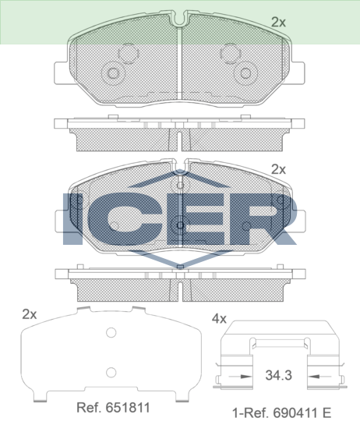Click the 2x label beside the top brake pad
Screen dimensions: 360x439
click(x=278, y=22)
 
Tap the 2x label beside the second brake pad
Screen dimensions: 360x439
click(x=278, y=169)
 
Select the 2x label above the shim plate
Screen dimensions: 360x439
click(x=30, y=314)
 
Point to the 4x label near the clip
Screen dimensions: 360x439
click(x=219, y=319)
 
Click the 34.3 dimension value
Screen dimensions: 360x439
click(x=279, y=375)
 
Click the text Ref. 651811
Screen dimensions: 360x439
click(x=113, y=408)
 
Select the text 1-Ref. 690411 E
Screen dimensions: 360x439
click(x=282, y=413)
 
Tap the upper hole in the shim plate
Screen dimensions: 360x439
click(x=111, y=333)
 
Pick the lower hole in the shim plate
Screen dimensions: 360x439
click(x=111, y=373)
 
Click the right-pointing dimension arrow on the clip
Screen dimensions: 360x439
click(x=240, y=377)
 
